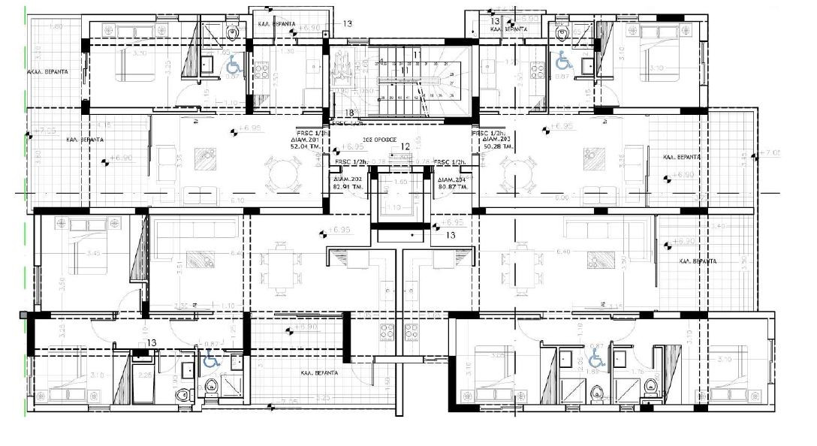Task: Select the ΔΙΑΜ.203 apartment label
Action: pyautogui.click(x=490, y=140)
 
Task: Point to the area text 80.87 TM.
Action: pyautogui.click(x=452, y=187)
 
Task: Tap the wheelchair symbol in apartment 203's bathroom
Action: pyautogui.click(x=563, y=63)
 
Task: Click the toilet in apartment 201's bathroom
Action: pyautogui.click(x=232, y=32)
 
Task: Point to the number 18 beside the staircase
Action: pyautogui.click(x=349, y=113)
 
